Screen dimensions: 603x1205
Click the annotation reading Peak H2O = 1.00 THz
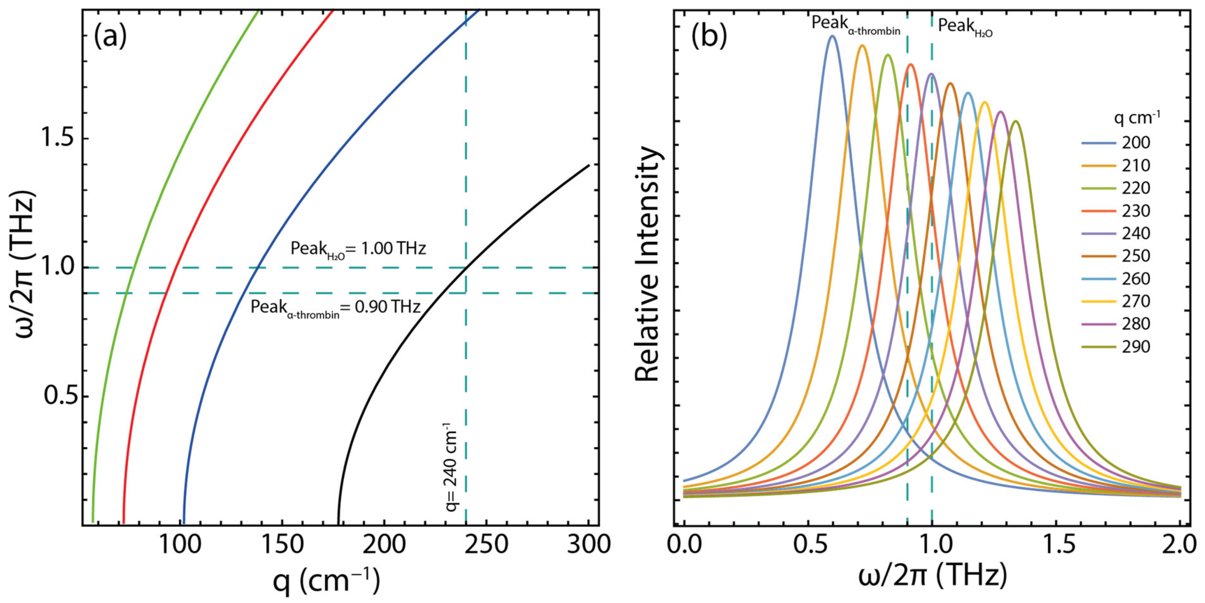[358, 248]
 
